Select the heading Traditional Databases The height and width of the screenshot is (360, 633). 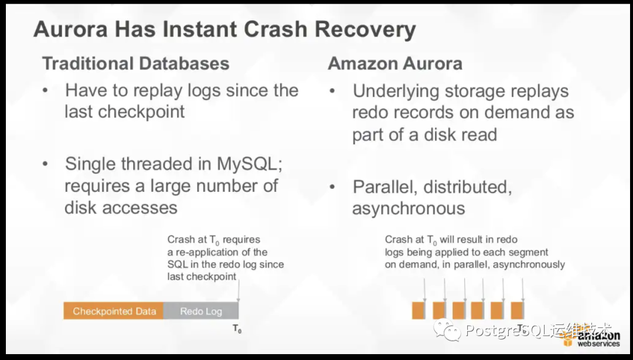coord(135,63)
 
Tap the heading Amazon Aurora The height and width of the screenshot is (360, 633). coord(395,63)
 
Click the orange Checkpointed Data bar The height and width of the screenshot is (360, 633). coord(114,311)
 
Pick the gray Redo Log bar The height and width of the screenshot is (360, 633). coord(201,311)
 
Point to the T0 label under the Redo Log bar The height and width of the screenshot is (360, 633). coord(237,329)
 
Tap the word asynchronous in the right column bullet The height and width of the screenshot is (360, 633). coord(409,208)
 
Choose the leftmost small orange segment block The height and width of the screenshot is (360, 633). coord(418,310)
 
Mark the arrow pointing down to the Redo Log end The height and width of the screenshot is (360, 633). coord(239,290)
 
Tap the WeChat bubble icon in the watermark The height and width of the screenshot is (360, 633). coord(451,332)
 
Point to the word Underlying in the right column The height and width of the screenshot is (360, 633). coord(396,91)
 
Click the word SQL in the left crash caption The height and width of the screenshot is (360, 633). coord(178,264)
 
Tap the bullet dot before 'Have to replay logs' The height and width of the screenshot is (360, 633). coord(45,91)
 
